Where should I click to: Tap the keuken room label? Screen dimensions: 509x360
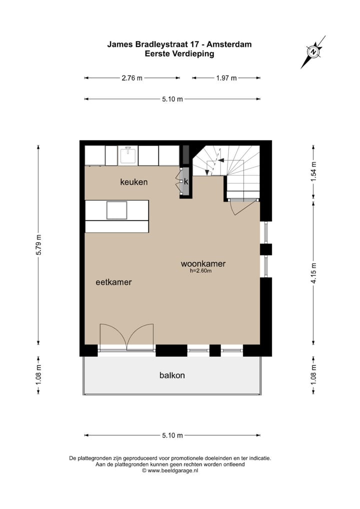(x=133, y=182)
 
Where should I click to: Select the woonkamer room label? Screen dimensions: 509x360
(x=203, y=263)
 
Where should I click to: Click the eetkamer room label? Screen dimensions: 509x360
(x=113, y=282)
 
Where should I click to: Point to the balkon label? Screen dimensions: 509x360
(x=172, y=375)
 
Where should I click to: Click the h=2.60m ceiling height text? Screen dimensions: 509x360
(x=201, y=271)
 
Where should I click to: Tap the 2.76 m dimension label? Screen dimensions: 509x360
(x=131, y=78)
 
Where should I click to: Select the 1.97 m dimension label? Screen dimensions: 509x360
(x=226, y=78)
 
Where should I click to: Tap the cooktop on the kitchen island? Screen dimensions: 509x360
(x=116, y=209)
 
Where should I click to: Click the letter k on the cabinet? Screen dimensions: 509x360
(x=185, y=181)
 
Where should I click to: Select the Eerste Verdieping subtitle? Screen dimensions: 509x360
(x=179, y=53)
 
